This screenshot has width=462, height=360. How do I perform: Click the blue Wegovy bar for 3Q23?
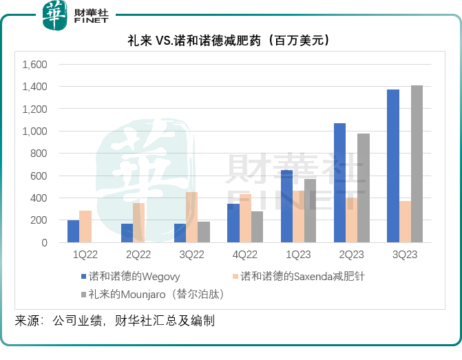coord(393,166)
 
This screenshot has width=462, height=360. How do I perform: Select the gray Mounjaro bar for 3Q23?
coord(417,164)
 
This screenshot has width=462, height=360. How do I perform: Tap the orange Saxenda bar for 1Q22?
coord(85,226)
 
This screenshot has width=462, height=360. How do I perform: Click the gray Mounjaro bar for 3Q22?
coord(204,232)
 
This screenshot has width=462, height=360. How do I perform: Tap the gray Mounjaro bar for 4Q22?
coord(257,227)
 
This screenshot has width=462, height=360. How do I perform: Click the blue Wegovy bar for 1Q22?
coord(73,231)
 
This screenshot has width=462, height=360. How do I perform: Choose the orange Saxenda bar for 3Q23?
coord(405,222)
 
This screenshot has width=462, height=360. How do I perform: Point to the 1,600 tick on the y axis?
coord(34,65)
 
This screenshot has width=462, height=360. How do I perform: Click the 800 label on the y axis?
coord(39,153)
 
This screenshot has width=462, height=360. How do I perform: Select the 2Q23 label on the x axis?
coord(351,254)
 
